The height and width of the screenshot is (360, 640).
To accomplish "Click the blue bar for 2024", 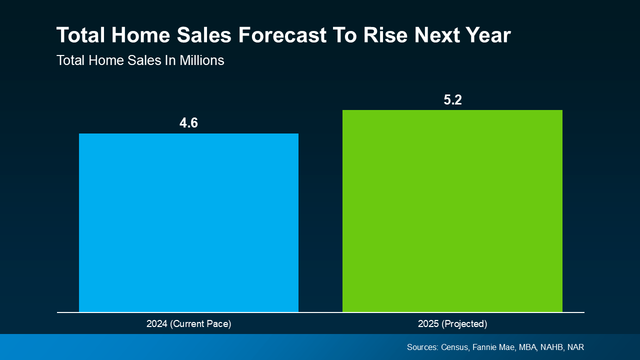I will pos(188,222).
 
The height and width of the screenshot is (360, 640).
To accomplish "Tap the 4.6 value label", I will pos(188,123).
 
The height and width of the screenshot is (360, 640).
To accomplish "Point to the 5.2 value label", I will pos(452,99).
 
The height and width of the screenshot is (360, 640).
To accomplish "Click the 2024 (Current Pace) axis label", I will pos(188,324).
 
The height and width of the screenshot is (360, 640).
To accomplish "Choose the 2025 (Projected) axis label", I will pos(452,324).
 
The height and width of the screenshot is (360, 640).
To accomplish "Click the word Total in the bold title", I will pos(80,35).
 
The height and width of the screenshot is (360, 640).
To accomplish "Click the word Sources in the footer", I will pos(422,347).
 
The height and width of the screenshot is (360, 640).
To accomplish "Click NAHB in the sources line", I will pos(552,347).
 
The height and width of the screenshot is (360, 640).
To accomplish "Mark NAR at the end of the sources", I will pos(576,347).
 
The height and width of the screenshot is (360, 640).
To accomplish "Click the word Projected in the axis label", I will pos(464,324).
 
